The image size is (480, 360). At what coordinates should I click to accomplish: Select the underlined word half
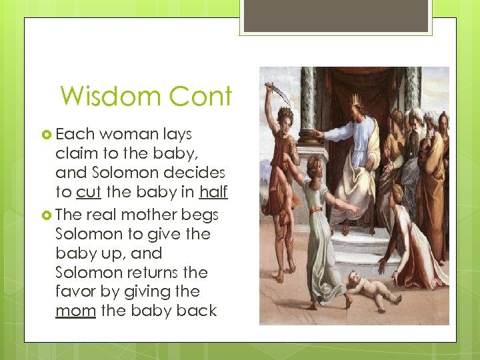pos(213,192)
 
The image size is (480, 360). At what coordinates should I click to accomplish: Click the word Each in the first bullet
pos(75,135)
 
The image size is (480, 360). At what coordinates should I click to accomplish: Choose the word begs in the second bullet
pos(201,215)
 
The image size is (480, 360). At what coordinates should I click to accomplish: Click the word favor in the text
pos(77,291)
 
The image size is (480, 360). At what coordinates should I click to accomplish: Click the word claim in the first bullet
pos(75,153)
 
